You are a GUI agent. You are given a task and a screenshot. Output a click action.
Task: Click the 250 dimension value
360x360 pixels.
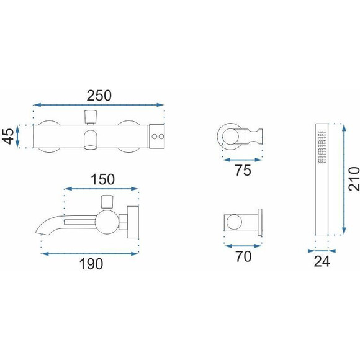tap(99, 96)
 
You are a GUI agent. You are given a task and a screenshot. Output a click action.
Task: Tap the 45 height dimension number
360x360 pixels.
tap(9, 137)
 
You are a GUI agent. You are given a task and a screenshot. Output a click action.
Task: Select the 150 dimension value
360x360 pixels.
tap(102, 179)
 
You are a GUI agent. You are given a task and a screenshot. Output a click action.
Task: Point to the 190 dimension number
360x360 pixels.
tap(91, 264)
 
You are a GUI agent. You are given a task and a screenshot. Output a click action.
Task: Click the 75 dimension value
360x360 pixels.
tap(243, 170)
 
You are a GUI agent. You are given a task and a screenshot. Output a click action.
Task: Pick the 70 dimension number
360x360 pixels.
tap(243, 256)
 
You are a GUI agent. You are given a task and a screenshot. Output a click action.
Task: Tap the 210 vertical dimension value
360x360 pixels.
tap(354, 179)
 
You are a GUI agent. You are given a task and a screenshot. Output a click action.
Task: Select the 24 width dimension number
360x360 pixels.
tap(322, 261)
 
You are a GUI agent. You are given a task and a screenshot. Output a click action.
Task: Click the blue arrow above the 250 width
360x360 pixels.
tap(98, 105)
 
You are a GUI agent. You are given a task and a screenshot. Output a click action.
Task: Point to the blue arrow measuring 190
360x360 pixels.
tap(89, 254)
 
